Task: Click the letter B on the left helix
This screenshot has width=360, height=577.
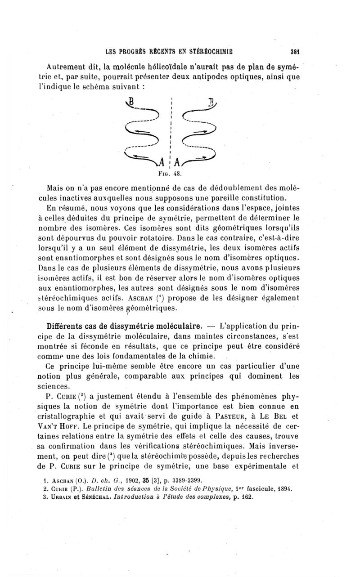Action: coord(131,112)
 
